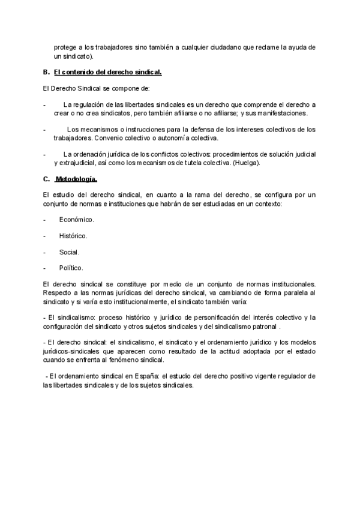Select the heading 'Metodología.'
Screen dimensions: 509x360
pos(76,179)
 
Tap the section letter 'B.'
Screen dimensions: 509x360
pos(46,73)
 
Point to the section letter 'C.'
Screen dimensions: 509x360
pos(46,179)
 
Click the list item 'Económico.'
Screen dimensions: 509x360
pos(76,220)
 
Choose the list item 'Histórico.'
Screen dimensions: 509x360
pos(73,236)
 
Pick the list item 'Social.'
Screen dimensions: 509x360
pos(69,252)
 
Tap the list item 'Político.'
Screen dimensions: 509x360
pos(71,268)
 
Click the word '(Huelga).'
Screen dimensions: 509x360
pos(247,163)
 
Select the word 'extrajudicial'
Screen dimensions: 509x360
pos(80,163)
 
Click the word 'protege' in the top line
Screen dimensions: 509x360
pos(65,47)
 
